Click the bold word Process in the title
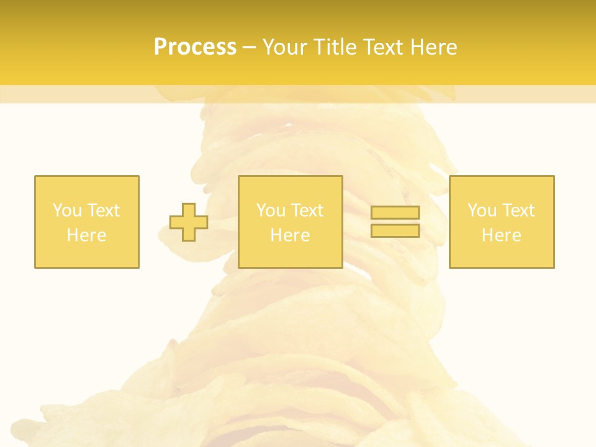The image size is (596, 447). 195,47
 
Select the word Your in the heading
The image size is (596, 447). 286,47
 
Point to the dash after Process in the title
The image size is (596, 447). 249,48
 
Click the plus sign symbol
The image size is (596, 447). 189,222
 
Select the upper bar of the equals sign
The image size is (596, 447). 395,212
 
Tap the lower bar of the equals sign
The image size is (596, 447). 395,230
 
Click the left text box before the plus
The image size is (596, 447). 87,222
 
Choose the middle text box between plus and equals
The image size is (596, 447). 290,222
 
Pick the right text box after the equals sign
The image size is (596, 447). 502,222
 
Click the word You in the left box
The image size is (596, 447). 67,210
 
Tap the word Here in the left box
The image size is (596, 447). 86,235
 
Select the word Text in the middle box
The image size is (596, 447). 307,210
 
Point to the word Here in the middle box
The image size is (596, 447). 290,235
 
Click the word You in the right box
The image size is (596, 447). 482,210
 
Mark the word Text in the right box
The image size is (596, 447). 518,210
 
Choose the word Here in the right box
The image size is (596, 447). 502,235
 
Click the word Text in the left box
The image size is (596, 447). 104,210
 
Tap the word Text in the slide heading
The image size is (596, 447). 384,47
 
